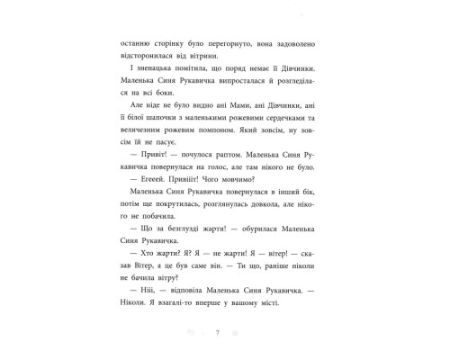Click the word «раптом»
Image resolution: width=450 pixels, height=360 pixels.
point(221,180)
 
